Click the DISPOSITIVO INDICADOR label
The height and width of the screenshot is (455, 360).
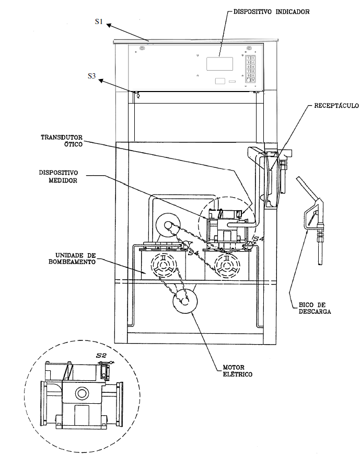click(x=271, y=12)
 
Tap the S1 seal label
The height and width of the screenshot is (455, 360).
click(x=99, y=21)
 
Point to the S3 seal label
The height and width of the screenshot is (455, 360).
click(x=91, y=76)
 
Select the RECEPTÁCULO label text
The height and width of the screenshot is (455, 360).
click(x=336, y=105)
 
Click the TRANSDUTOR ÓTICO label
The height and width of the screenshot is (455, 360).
click(x=62, y=141)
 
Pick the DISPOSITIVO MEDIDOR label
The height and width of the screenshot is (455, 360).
click(x=59, y=176)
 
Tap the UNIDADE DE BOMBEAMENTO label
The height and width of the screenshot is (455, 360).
click(x=72, y=258)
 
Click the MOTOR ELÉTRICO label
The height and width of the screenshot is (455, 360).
click(x=237, y=371)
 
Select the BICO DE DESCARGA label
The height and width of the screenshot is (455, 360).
click(x=315, y=308)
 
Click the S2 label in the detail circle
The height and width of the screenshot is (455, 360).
click(x=101, y=355)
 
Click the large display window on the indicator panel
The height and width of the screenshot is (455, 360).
click(x=219, y=64)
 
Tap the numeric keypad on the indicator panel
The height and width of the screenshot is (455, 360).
click(x=250, y=69)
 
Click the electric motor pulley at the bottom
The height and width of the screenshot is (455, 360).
click(x=185, y=301)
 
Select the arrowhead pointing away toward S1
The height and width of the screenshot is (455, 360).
click(x=109, y=25)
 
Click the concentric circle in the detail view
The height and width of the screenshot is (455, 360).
click(x=82, y=393)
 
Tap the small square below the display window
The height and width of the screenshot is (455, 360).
click(x=220, y=81)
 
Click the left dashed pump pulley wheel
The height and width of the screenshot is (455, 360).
click(x=163, y=265)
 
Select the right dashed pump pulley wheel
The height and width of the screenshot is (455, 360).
click(x=227, y=265)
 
